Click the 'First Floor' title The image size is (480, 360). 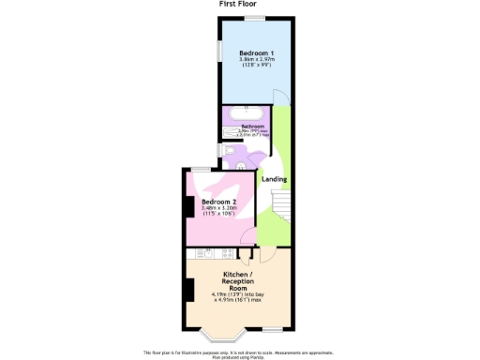[239, 4]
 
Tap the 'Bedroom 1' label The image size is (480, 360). [255, 52]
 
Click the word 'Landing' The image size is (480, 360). [274, 179]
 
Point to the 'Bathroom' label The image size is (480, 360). [252, 127]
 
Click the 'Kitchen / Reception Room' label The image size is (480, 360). [239, 281]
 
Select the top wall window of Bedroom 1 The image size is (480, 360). [251, 17]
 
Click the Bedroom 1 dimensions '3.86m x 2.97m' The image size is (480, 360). [255, 60]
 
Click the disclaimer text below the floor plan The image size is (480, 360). [239, 354]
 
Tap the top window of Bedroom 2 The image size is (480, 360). [200, 169]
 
